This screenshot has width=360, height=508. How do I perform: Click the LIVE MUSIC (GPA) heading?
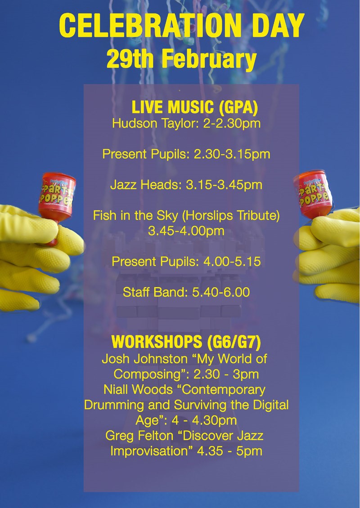tap(194, 107)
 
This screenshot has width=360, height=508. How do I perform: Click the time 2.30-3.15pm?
tap(232, 154)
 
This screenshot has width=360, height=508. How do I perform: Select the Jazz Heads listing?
tap(186, 185)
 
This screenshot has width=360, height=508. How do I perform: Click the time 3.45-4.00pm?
tap(186, 231)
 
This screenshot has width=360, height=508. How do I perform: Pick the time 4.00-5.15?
tap(232, 262)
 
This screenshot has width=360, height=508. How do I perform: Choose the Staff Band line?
tap(186, 293)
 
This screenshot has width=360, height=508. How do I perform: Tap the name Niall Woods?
tap(138, 389)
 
